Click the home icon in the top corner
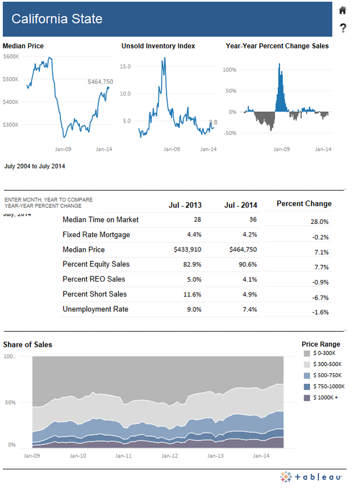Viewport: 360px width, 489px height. [343, 10]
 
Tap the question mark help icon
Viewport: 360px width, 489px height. [343, 28]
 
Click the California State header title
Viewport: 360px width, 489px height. [57, 19]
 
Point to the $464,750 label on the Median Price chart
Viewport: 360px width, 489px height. [100, 81]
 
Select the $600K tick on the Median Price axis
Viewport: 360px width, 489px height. [11, 57]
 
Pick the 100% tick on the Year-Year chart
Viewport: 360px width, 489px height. [229, 70]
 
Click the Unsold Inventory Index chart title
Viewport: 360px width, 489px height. [158, 46]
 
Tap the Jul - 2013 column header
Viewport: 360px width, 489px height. [185, 205]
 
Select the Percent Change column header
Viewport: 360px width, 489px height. [304, 203]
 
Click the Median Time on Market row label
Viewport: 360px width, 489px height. [100, 220]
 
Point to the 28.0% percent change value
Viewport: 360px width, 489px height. [319, 222]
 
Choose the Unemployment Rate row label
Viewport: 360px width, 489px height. [96, 309]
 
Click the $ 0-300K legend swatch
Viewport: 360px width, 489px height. [307, 354]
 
